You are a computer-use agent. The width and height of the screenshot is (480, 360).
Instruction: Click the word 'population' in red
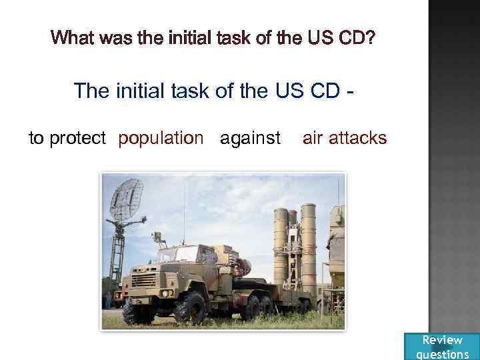pyautogui.click(x=161, y=138)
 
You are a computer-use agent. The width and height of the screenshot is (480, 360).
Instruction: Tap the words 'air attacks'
pyautogui.click(x=344, y=138)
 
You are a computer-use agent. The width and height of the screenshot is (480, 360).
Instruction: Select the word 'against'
pyautogui.click(x=250, y=138)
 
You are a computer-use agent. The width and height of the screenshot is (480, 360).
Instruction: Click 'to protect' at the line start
pyautogui.click(x=67, y=138)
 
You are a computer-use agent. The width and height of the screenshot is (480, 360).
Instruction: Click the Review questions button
pyautogui.click(x=442, y=347)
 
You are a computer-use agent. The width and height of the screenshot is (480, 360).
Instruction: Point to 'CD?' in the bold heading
pyautogui.click(x=357, y=37)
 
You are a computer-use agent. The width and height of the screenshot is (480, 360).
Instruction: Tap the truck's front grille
pyautogui.click(x=144, y=280)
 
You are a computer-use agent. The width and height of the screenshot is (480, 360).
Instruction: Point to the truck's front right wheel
pyautogui.click(x=190, y=309)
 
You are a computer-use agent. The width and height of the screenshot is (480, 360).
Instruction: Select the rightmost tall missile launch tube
pyautogui.click(x=308, y=243)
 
